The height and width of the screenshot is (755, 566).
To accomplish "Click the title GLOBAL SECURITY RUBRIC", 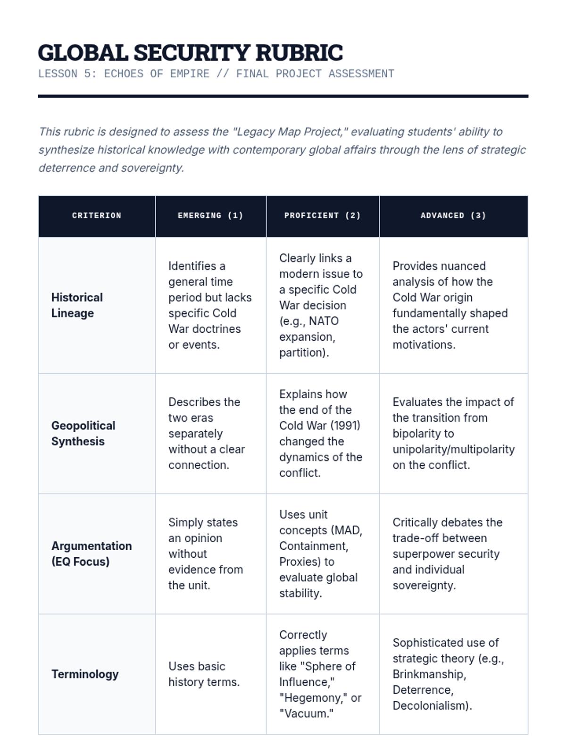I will (190, 53).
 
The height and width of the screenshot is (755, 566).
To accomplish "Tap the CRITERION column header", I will (97, 216).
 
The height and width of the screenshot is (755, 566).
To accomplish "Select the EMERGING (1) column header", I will (210, 216).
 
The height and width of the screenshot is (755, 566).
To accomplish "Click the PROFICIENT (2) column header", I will (322, 216).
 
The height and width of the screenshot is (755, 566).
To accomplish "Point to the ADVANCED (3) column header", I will (453, 216).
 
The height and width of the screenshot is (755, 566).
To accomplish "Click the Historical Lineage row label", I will (77, 305).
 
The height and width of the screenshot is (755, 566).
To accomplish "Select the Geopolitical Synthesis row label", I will (83, 433).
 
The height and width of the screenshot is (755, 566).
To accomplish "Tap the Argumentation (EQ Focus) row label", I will (91, 554).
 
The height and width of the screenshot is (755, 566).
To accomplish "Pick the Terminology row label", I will (85, 674).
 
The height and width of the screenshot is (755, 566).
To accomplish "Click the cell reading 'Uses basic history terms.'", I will (204, 674).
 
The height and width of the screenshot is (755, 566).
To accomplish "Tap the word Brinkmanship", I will (429, 674).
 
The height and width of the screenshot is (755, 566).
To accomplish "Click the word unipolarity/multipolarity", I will (453, 449).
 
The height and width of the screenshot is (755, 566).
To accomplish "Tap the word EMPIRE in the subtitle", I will (190, 74).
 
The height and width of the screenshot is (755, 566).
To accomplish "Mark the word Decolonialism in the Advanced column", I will (431, 706).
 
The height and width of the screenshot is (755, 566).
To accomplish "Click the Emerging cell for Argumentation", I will (206, 554).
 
